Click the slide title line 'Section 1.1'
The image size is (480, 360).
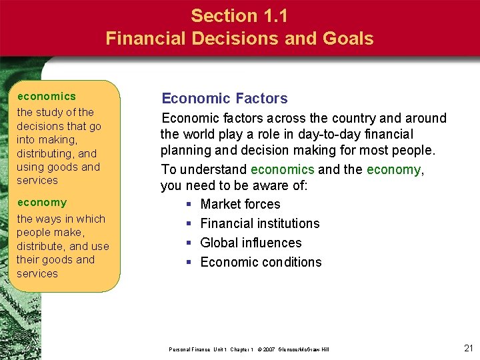(239, 16)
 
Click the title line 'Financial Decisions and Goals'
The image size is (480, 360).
(239, 39)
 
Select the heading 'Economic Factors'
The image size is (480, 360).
(225, 99)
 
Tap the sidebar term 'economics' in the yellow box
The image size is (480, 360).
(46, 96)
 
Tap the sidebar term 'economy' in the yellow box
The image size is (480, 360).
(41, 202)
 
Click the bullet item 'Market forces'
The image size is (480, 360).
(240, 204)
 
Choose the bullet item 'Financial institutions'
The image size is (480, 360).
(259, 223)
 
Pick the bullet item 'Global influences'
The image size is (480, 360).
(251, 243)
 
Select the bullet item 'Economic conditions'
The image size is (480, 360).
(261, 262)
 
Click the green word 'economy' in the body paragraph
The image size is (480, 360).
(393, 169)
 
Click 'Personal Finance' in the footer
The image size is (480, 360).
(189, 350)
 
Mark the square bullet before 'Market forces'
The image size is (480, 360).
(189, 205)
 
